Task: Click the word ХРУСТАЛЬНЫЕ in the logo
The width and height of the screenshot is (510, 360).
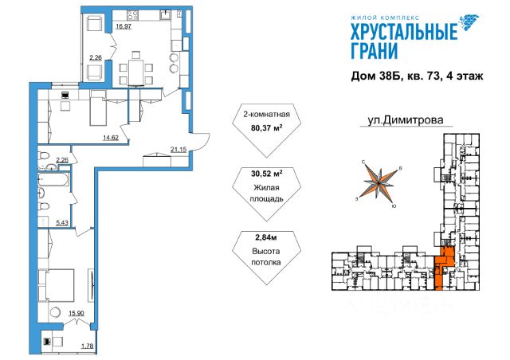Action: coord(404,32)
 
